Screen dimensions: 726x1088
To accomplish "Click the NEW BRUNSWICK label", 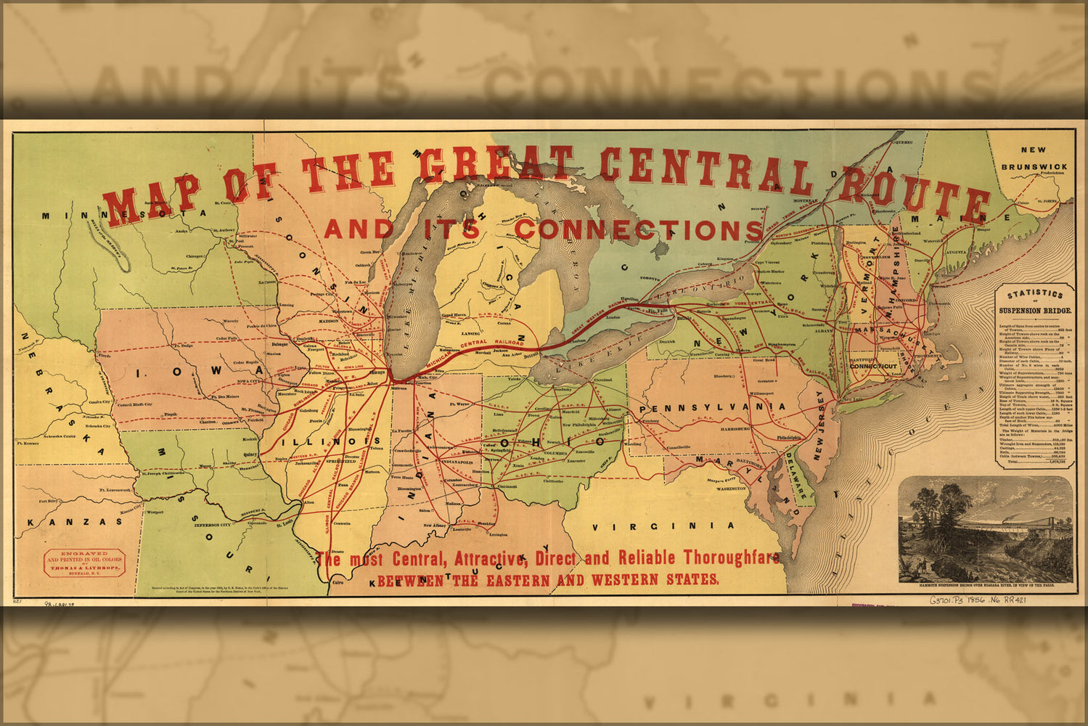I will coord(1034,158).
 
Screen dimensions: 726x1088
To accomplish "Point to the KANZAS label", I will coord(75,522).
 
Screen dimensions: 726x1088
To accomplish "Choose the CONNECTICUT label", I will coord(874,367).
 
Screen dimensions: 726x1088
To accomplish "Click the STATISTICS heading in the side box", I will coord(1034,295).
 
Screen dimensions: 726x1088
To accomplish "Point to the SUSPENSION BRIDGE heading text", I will coord(1034,311).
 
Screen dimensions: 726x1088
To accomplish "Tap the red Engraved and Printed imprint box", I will coord(85,562).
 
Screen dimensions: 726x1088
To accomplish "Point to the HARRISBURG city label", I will coord(737,429).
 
